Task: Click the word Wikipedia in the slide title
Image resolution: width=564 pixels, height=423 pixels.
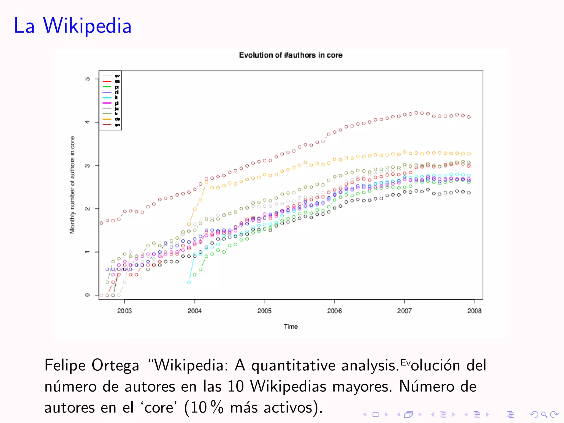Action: [x=87, y=26]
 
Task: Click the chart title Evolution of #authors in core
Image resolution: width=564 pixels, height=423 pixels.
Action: [x=291, y=55]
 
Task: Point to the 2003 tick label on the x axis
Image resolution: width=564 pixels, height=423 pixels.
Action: [x=124, y=311]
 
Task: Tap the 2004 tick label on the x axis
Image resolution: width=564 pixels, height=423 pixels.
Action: [x=194, y=311]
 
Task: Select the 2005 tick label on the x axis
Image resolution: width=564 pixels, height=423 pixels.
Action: [x=264, y=311]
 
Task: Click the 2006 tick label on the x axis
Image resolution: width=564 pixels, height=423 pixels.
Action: [x=334, y=311]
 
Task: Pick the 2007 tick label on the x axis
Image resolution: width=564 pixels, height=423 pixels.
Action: [x=404, y=311]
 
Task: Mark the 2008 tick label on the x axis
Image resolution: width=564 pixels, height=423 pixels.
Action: [x=474, y=311]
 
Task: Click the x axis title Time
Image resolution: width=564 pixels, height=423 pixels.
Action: [x=291, y=327]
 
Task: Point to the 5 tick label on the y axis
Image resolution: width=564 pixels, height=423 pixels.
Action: [x=87, y=79]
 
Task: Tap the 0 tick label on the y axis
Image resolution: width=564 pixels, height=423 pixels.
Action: [x=87, y=295]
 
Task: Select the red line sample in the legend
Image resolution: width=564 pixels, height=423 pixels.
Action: [x=107, y=82]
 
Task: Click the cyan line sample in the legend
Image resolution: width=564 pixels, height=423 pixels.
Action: [x=107, y=98]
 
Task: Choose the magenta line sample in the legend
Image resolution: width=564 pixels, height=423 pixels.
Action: [x=107, y=103]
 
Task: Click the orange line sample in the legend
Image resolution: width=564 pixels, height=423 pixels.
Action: [x=107, y=119]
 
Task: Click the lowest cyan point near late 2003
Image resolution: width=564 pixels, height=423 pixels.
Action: [x=189, y=282]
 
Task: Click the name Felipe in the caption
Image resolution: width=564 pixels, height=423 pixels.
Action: [x=65, y=366]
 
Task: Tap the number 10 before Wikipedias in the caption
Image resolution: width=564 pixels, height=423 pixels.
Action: [x=236, y=386]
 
